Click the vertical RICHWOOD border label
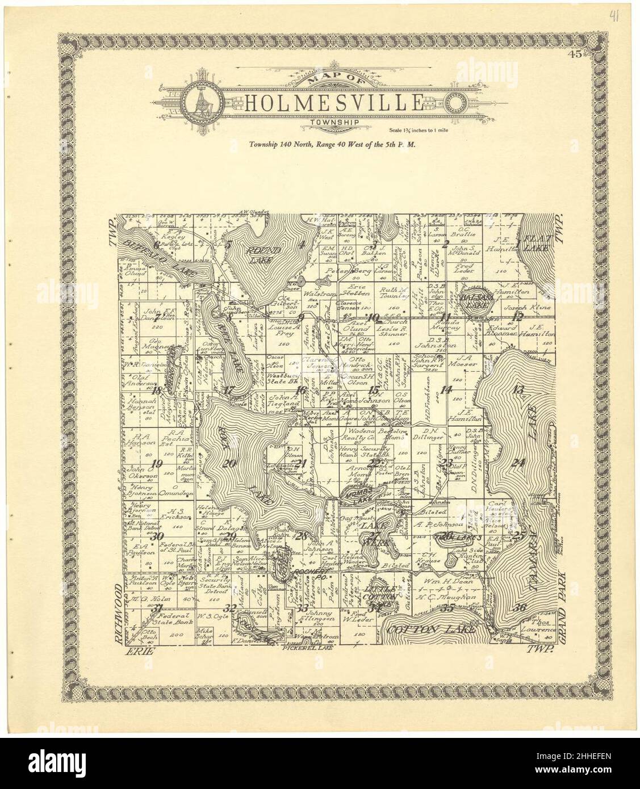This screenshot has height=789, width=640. (x=120, y=612)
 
